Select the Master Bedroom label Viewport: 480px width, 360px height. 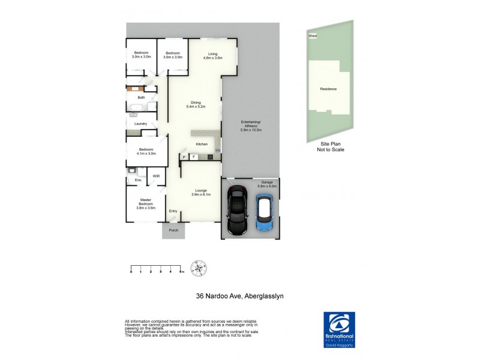(146, 204)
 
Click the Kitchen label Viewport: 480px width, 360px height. (202, 144)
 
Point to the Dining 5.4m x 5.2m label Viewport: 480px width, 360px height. (196, 104)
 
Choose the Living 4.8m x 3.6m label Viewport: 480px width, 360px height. (212, 56)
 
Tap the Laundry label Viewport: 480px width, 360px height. (140, 124)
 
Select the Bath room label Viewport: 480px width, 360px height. (141, 97)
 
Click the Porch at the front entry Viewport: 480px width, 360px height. (173, 230)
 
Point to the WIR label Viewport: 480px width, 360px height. (156, 176)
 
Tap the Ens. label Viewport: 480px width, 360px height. (138, 179)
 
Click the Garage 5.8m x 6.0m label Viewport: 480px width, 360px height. (267, 184)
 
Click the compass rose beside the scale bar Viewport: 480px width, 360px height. (199, 268)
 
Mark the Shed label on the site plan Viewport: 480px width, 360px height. (312, 36)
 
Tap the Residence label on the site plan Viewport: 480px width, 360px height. (328, 89)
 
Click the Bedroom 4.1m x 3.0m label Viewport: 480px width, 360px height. (146, 151)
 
